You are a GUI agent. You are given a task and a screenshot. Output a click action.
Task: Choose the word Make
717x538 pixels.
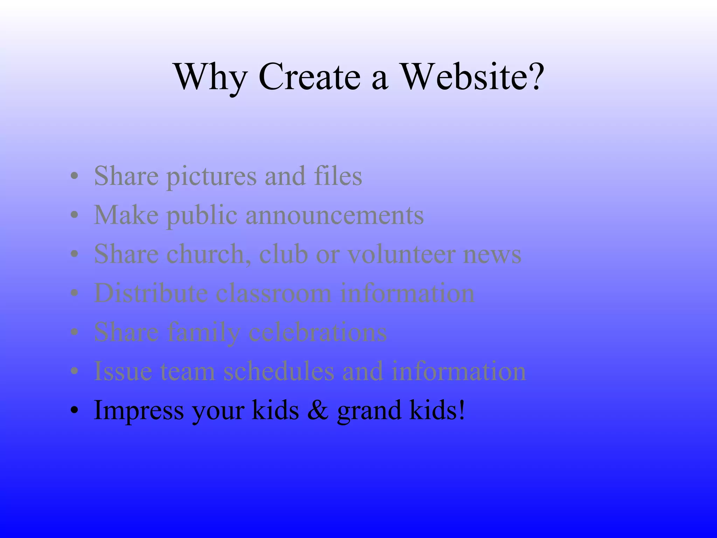(126, 215)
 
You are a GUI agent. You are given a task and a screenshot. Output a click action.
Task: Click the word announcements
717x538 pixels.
(335, 215)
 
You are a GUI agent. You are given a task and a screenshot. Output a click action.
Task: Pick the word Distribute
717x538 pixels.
(151, 293)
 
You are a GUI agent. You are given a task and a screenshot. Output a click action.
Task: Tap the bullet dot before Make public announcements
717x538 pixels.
(74, 216)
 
